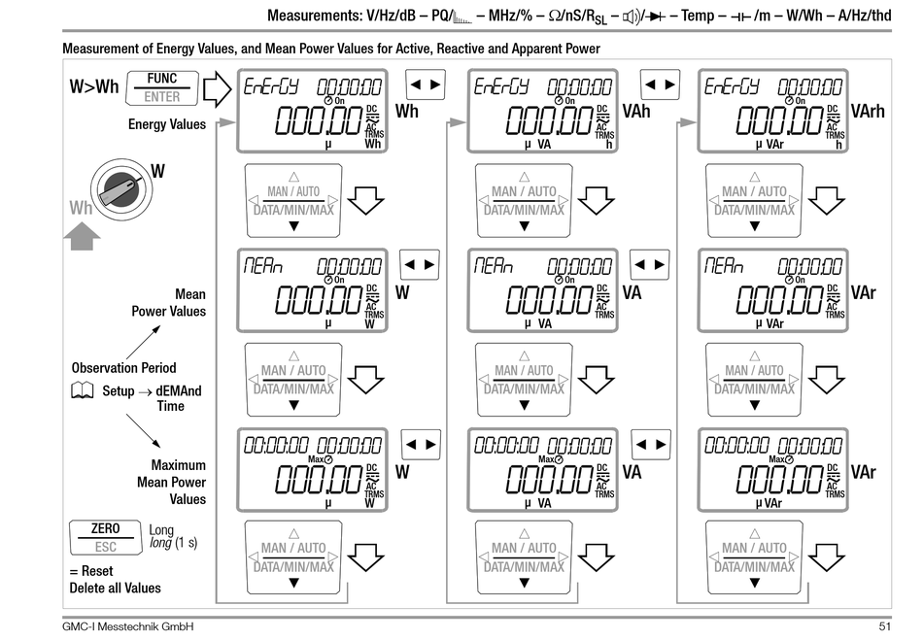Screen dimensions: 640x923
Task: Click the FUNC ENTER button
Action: coord(162,87)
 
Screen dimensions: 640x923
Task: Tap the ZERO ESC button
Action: coord(105,537)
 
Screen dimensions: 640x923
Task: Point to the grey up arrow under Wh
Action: coord(84,235)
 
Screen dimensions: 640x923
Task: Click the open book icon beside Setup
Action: coord(84,390)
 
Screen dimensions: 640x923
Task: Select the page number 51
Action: coord(884,627)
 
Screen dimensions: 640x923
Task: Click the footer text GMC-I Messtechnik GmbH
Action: coord(127,627)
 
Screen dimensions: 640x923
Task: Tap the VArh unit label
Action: coord(868,112)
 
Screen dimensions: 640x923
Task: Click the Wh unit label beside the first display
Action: coord(407,111)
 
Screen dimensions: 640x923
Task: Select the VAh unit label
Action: coord(635,112)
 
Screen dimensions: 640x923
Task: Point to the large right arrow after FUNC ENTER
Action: coord(217,90)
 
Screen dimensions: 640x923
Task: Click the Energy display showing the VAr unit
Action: coord(772,111)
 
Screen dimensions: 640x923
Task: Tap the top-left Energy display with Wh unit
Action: coord(314,111)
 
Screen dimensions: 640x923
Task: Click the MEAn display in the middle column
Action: coord(542,290)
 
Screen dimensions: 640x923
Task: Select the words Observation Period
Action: coord(123,368)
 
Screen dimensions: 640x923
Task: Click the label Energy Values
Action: coord(167,124)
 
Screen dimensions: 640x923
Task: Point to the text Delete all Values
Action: coord(116,588)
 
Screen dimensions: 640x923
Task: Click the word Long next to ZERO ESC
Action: coord(162,529)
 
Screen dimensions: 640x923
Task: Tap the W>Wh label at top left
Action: coord(94,87)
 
